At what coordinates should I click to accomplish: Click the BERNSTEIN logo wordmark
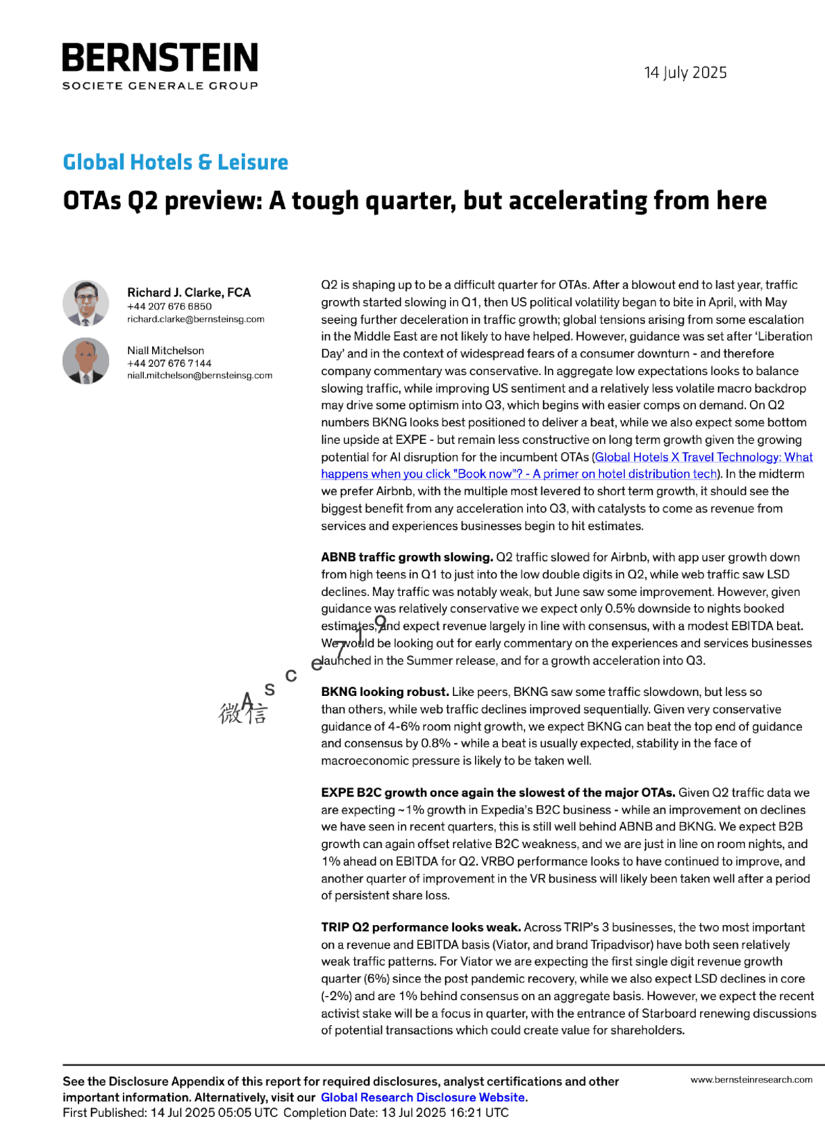click(x=160, y=58)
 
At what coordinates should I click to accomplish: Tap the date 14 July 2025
click(x=685, y=73)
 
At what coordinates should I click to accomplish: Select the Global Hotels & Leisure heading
click(x=175, y=162)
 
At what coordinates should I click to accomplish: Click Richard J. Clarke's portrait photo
click(x=86, y=303)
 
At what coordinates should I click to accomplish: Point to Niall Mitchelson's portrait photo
click(x=86, y=361)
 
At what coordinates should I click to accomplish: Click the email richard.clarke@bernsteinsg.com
click(x=195, y=319)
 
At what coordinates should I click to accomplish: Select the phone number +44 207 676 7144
click(x=169, y=363)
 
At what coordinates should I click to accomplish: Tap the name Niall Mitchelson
click(x=165, y=351)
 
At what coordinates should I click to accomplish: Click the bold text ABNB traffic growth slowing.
click(x=406, y=557)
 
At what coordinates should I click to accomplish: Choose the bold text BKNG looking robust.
click(x=385, y=692)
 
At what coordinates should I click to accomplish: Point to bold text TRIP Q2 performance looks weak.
click(x=420, y=927)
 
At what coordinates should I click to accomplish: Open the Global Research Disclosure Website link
click(x=423, y=1097)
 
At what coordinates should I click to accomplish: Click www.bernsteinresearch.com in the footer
click(x=751, y=1080)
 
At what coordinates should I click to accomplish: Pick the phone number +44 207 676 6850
click(x=169, y=306)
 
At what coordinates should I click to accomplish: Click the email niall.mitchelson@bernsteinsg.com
click(x=199, y=376)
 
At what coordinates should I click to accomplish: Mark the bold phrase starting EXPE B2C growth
click(x=497, y=792)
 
